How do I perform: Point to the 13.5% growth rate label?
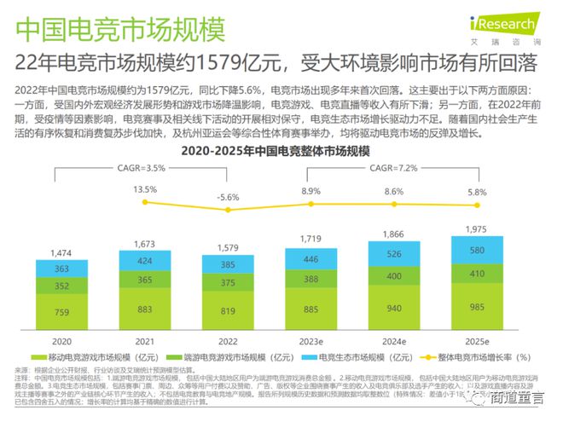pyautogui.click(x=146, y=189)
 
